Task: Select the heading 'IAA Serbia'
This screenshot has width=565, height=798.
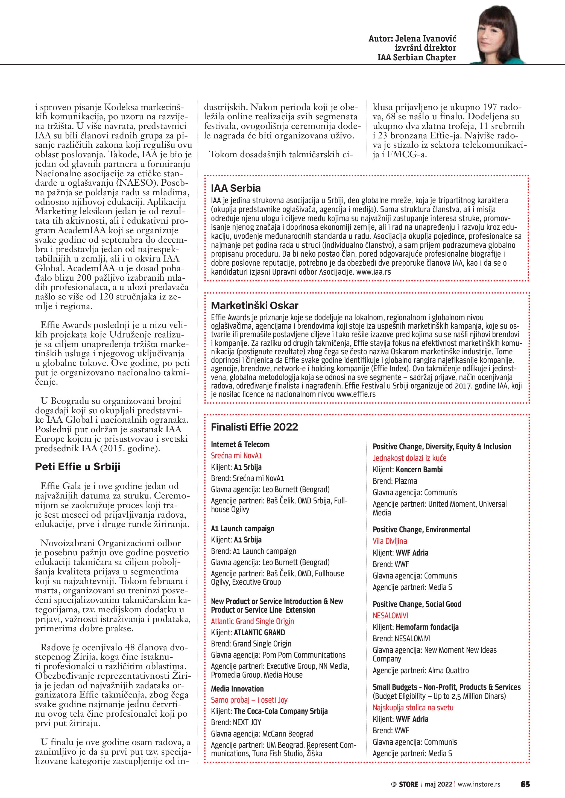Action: point(236,188)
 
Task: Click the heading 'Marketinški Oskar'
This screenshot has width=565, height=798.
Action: point(255,305)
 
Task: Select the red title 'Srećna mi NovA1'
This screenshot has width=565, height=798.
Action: point(236,456)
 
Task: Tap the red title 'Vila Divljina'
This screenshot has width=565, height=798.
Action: point(390,541)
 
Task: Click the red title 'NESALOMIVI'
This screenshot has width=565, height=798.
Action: point(390,615)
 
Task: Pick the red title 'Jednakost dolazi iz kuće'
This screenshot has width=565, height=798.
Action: point(409,458)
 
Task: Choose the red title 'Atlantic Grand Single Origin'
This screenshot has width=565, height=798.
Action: point(252,621)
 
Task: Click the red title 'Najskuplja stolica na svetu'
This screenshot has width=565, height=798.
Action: point(413,707)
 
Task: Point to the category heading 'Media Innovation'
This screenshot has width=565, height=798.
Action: point(237,689)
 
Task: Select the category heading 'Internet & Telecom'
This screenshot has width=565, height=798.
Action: point(240,444)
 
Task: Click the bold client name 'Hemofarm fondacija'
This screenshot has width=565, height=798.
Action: point(427,627)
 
